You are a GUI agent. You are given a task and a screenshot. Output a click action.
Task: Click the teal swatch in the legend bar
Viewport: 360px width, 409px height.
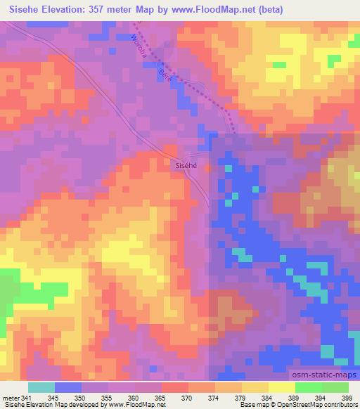click(x=41, y=387)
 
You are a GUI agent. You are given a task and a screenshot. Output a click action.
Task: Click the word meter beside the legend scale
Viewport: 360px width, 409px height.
click(x=10, y=398)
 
